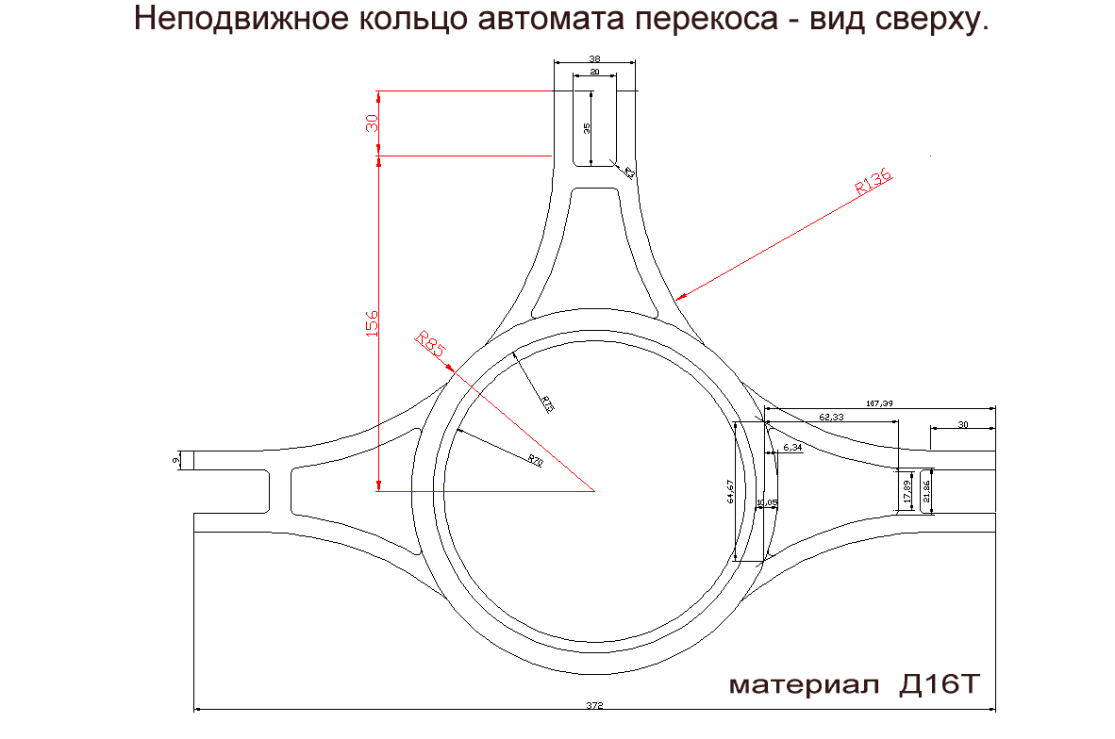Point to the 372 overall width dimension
click(x=593, y=704)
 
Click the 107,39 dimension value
click(x=877, y=403)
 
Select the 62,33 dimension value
click(x=831, y=416)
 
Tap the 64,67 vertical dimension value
click(x=729, y=491)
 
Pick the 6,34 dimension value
click(x=792, y=448)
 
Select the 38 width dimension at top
click(x=593, y=58)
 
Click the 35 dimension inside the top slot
click(x=586, y=128)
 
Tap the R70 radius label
click(x=535, y=460)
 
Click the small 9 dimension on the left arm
click(x=175, y=460)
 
